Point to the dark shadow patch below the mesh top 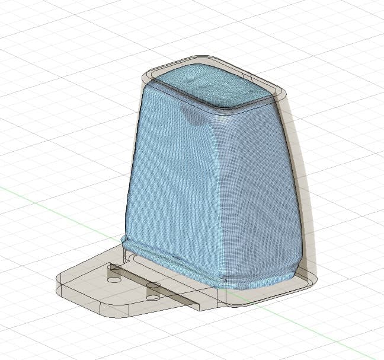click(x=193, y=116)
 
